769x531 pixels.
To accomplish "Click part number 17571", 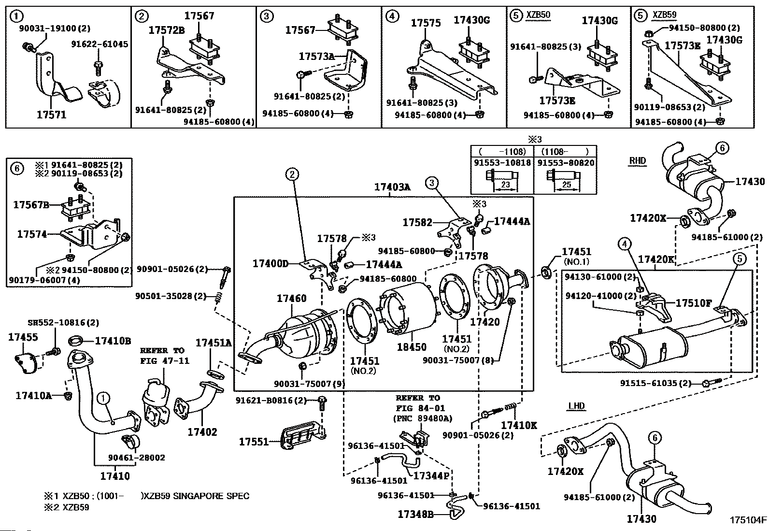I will (x=51, y=115).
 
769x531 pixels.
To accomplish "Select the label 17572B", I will (x=166, y=30).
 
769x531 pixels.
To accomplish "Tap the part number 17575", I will (x=426, y=23).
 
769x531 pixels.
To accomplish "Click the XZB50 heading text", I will (x=538, y=15).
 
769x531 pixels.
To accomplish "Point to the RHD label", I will (x=637, y=161).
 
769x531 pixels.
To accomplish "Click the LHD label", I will (x=576, y=406).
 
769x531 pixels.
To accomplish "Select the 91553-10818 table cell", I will (x=502, y=163).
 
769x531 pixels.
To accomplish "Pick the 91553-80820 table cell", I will (x=566, y=163).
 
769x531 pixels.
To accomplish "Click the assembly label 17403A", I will (x=392, y=187).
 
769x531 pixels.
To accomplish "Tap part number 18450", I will (x=412, y=347).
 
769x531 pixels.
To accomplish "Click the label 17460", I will (x=291, y=299).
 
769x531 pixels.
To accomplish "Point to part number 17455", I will (x=23, y=337).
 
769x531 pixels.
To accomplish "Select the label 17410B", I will (x=113, y=341).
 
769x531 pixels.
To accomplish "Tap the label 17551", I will (x=254, y=441).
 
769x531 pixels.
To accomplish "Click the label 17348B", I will (x=416, y=515).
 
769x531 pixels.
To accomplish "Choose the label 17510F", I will (x=694, y=303).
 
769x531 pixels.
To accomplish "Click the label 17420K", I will (x=656, y=259).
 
